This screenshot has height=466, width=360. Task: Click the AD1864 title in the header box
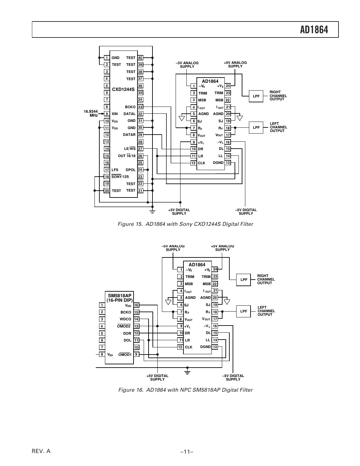pyautogui.click(x=314, y=30)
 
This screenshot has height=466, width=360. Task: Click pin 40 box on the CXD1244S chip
pyautogui.click(x=140, y=58)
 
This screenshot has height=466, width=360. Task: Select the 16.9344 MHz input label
pyautogui.click(x=91, y=113)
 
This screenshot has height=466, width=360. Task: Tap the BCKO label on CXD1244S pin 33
pyautogui.click(x=130, y=107)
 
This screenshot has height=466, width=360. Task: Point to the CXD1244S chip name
pyautogui.click(x=123, y=89)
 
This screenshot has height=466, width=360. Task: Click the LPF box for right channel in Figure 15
pyautogui.click(x=256, y=96)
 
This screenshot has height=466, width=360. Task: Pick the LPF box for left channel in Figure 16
pyautogui.click(x=243, y=311)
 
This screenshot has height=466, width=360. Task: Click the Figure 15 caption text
pyautogui.click(x=185, y=224)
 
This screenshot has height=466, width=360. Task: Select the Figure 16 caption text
pyautogui.click(x=185, y=390)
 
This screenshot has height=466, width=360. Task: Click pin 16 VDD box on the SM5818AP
pyautogui.click(x=136, y=305)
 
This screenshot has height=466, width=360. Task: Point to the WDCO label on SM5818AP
pyautogui.click(x=125, y=319)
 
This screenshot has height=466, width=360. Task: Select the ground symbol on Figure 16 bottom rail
pyautogui.click(x=187, y=371)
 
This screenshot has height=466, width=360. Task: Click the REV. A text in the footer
pyautogui.click(x=41, y=451)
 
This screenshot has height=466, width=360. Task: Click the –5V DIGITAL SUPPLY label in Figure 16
pyautogui.click(x=233, y=377)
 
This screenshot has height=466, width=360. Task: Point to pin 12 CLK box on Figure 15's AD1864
pyautogui.click(x=194, y=163)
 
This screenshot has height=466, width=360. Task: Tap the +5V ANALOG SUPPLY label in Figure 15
pyautogui.click(x=235, y=64)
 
